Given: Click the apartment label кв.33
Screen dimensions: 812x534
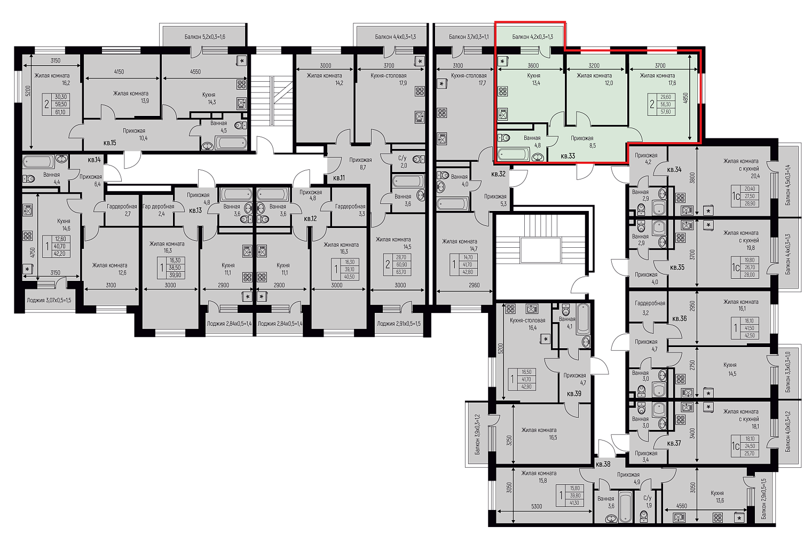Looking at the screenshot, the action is click(x=567, y=156).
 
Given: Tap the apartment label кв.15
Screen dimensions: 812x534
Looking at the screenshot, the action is click(x=109, y=143).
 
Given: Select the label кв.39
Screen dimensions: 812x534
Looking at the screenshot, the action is click(x=574, y=394).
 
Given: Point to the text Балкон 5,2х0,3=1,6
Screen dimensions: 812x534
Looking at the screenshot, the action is click(x=205, y=37).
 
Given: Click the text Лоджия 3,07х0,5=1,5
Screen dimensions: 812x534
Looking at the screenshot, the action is click(x=49, y=300).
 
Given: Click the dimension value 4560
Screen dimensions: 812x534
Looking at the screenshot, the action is click(x=682, y=506).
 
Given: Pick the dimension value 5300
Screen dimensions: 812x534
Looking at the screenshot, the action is click(x=537, y=506).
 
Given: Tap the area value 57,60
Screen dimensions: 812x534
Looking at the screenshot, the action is click(x=666, y=112).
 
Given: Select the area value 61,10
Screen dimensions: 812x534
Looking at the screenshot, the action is click(x=60, y=112).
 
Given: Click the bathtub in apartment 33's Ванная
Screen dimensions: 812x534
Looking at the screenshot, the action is click(x=514, y=154).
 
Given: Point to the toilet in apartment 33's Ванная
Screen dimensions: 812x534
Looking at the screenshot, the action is click(x=504, y=138).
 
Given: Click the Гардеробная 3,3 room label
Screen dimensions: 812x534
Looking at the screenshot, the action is click(x=350, y=210).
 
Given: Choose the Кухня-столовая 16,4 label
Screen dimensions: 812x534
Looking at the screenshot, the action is click(x=527, y=324).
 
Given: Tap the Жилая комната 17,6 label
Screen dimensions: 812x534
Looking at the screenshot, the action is click(x=657, y=80).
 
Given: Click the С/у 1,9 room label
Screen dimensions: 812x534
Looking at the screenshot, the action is click(x=648, y=501).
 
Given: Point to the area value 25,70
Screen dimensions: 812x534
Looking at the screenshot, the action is click(x=750, y=453).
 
